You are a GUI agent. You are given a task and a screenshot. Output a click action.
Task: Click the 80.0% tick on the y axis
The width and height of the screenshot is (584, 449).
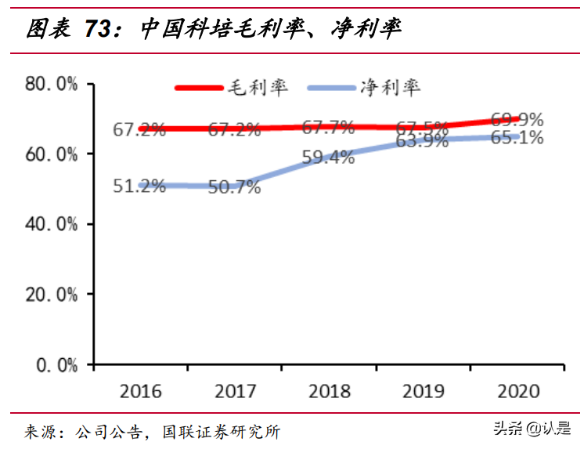(x=51, y=84)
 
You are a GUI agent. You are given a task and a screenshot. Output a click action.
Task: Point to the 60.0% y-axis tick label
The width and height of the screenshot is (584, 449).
(x=51, y=154)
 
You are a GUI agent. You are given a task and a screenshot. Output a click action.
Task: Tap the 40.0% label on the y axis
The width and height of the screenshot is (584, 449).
(x=51, y=224)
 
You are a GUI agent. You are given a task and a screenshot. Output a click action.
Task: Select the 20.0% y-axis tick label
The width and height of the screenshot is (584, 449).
(x=51, y=295)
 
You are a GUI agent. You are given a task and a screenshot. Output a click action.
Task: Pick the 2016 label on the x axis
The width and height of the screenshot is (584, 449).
(x=141, y=390)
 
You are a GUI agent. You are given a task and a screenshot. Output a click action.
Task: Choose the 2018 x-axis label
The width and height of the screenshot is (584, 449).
(x=329, y=390)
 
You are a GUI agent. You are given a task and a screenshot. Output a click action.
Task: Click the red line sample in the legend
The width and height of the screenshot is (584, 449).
(x=200, y=87)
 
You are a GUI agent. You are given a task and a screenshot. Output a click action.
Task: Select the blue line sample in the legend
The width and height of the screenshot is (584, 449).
(x=333, y=87)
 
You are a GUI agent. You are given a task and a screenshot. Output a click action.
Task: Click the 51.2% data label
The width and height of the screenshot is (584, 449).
(x=139, y=187)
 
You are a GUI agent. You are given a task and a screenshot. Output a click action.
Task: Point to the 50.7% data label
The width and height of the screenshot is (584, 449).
(x=235, y=189)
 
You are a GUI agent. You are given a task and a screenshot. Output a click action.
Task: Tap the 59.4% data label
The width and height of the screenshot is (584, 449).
(x=329, y=157)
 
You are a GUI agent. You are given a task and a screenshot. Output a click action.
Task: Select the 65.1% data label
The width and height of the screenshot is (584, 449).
(x=517, y=138)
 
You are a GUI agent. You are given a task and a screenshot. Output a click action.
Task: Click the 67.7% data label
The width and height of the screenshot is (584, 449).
(x=329, y=127)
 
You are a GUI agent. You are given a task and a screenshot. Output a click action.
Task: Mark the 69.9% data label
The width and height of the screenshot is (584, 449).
(x=517, y=120)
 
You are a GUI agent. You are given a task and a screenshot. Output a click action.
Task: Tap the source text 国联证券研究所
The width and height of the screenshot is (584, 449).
(x=221, y=431)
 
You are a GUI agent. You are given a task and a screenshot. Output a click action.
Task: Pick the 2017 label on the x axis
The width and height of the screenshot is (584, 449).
(x=235, y=390)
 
